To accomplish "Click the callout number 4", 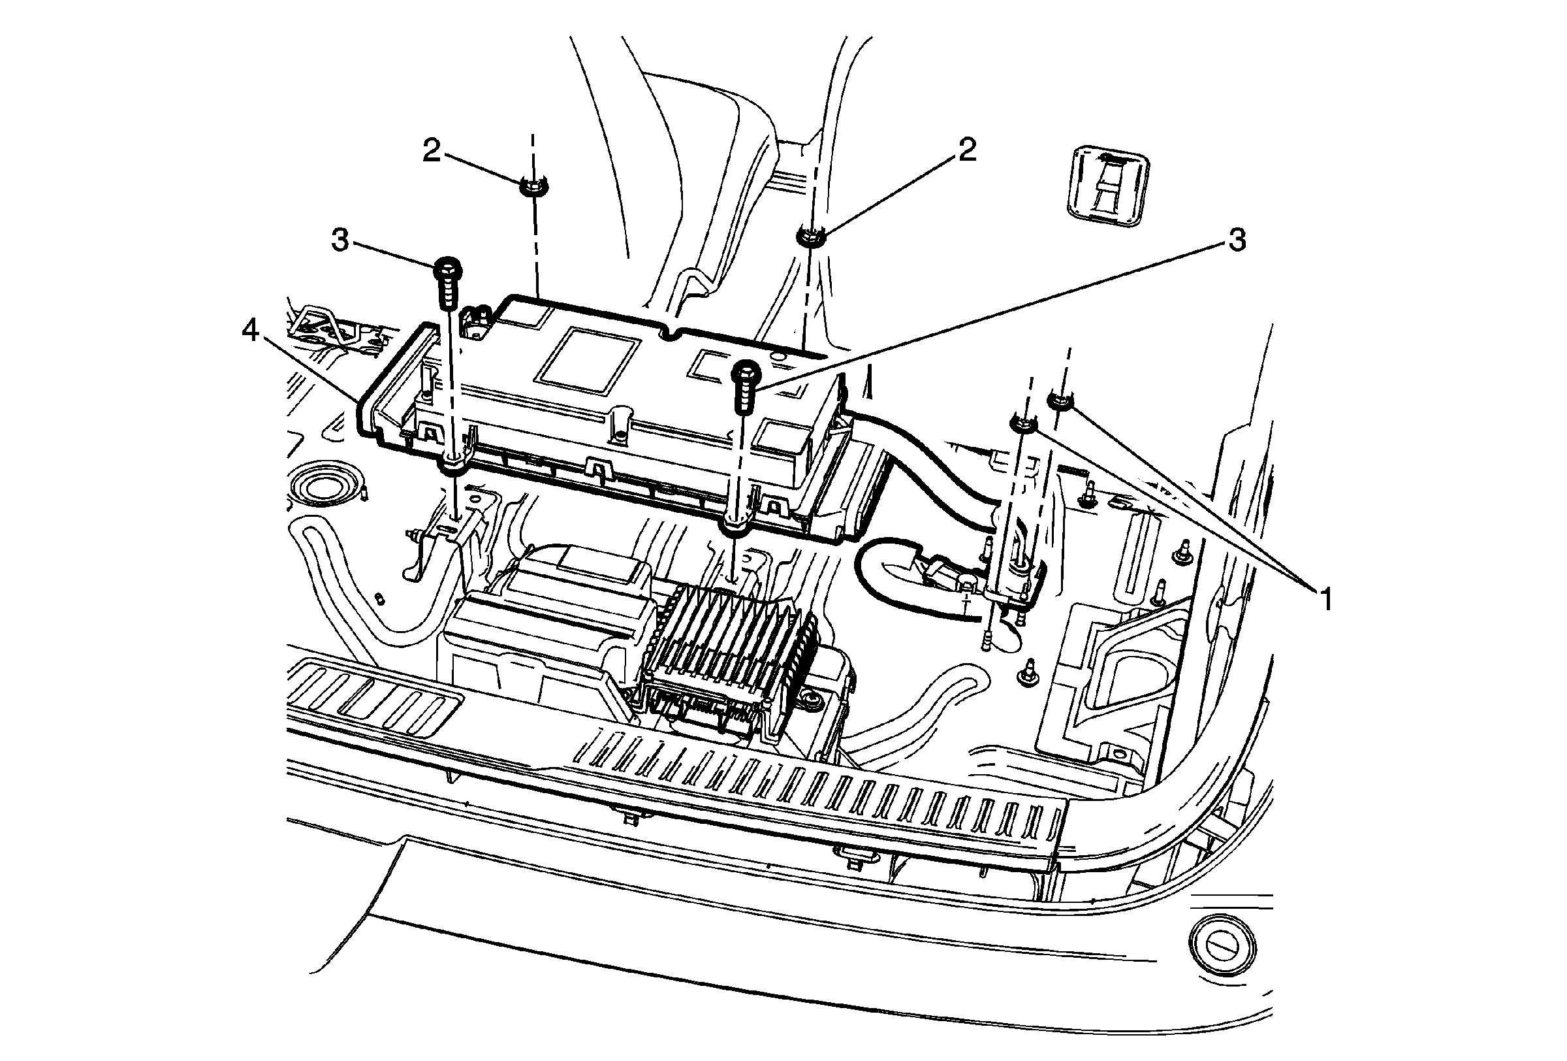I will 250,331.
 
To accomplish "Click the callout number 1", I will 1325,600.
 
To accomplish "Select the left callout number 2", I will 432,151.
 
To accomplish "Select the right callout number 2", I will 967,150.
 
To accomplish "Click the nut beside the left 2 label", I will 534,186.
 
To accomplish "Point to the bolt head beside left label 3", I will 447,268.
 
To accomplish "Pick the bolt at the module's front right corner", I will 747,373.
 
